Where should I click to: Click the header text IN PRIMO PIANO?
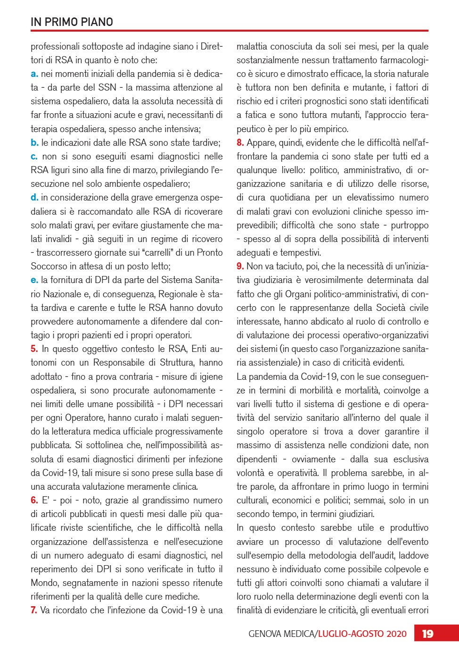[72, 22]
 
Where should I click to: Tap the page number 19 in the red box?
[427, 634]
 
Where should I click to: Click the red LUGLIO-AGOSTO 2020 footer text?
[362, 634]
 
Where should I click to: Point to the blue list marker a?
[34, 74]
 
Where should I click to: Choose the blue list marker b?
[34, 142]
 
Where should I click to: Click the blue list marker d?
[34, 198]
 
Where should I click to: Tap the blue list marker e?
[34, 280]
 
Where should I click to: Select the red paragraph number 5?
[34, 349]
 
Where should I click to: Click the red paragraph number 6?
[34, 501]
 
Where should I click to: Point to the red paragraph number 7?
[34, 610]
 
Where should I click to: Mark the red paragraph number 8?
[240, 142]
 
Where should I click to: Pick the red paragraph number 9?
[240, 267]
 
